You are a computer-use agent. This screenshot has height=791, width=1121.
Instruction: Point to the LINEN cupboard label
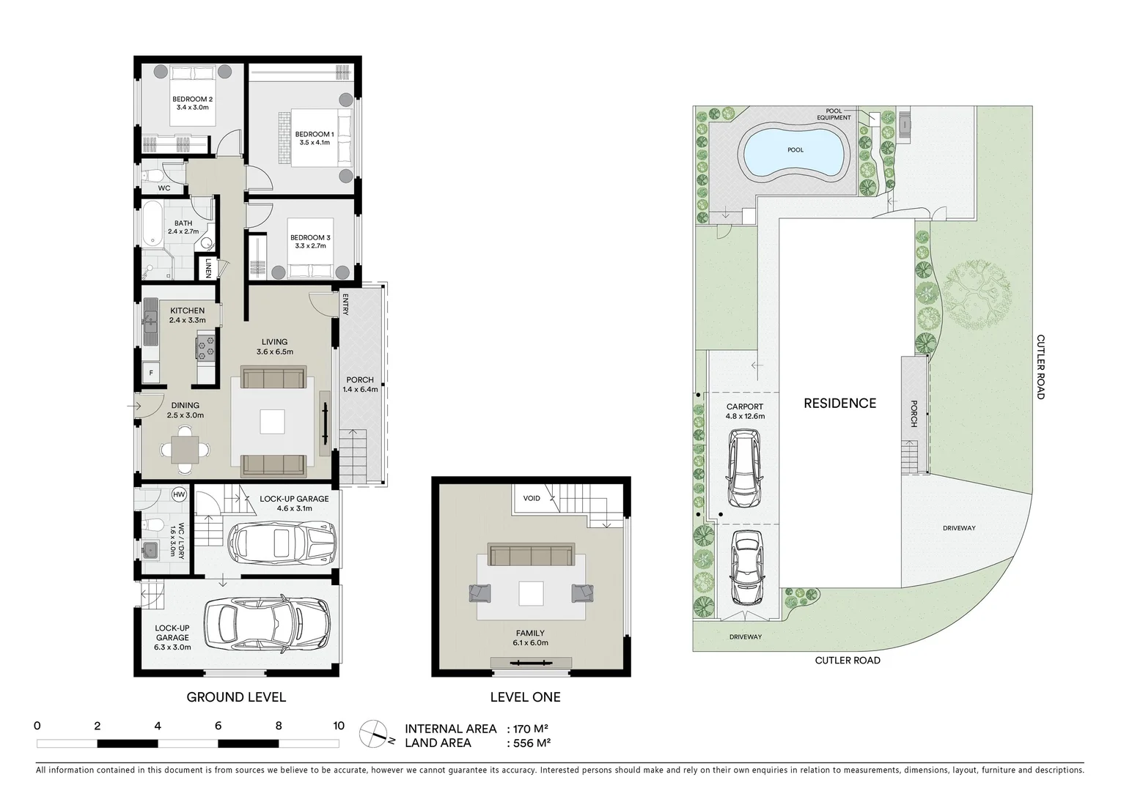(208, 267)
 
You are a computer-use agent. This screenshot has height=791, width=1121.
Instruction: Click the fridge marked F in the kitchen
(152, 372)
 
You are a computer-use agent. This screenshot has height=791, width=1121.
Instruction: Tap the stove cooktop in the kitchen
(205, 346)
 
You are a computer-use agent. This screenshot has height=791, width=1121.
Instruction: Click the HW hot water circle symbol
(178, 494)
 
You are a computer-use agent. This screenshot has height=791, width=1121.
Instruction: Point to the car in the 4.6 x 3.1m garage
(282, 542)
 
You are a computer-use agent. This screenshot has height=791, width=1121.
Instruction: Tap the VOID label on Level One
(532, 499)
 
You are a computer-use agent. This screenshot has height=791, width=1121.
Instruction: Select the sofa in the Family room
(531, 555)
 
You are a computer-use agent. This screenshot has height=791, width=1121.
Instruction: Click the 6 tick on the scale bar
(218, 727)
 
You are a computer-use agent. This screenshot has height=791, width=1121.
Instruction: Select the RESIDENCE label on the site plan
(839, 404)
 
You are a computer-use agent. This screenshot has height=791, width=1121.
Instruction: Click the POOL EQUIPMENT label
(838, 114)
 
